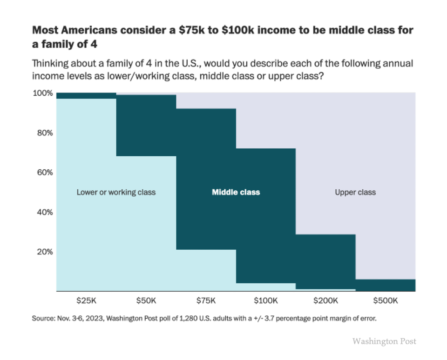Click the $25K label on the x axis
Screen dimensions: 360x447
[x=86, y=300]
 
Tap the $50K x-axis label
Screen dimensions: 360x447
[x=146, y=300]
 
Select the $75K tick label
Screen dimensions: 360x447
[x=206, y=300]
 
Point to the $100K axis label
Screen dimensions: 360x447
[x=266, y=300]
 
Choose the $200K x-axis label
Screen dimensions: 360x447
[x=325, y=300]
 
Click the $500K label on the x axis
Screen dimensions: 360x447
[x=386, y=300]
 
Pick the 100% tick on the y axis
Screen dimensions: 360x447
[x=43, y=93]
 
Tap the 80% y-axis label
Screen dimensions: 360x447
[x=44, y=133]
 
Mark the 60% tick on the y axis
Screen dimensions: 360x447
[x=44, y=172]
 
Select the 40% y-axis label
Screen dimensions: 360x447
[x=44, y=212]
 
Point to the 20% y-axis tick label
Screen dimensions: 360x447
[x=44, y=252]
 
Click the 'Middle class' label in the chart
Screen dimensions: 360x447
[x=236, y=192]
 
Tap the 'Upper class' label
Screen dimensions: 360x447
[x=355, y=192]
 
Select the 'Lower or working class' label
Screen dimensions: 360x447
[x=116, y=192]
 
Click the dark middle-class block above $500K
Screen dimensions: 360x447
[x=386, y=285]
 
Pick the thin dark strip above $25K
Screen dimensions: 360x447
[x=86, y=95]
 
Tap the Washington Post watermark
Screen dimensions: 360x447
[x=384, y=341]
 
